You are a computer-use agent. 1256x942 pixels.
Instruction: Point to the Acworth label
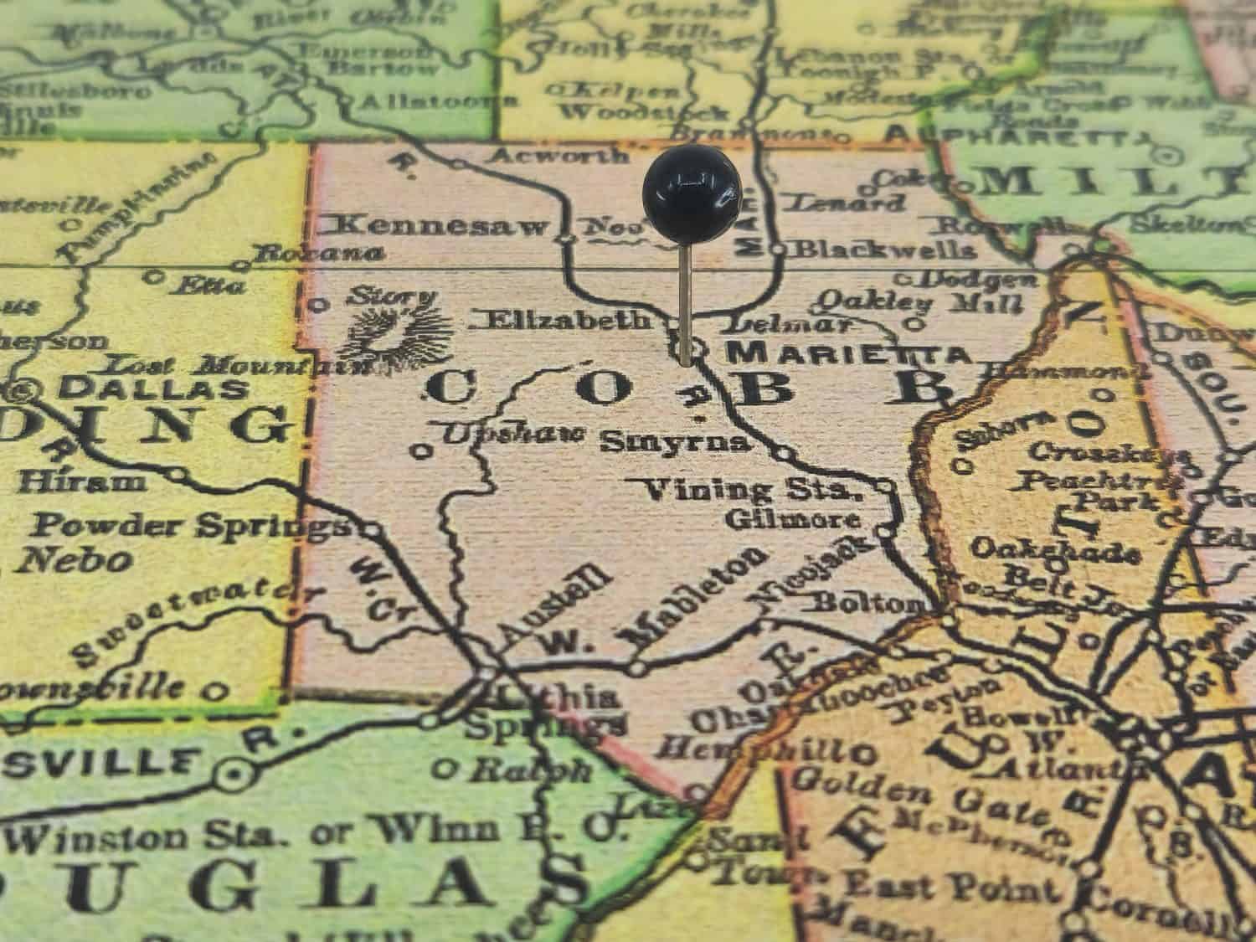coord(559,155)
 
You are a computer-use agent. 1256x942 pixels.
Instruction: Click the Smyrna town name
coord(676,441)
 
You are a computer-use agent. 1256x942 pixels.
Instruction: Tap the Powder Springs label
coord(189,526)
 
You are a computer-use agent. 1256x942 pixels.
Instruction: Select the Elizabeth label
coord(567,319)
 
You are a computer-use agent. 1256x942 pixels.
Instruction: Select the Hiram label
coord(82,482)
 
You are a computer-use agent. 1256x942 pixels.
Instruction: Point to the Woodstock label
coord(645,112)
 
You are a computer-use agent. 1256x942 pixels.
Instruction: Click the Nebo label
coord(77,559)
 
